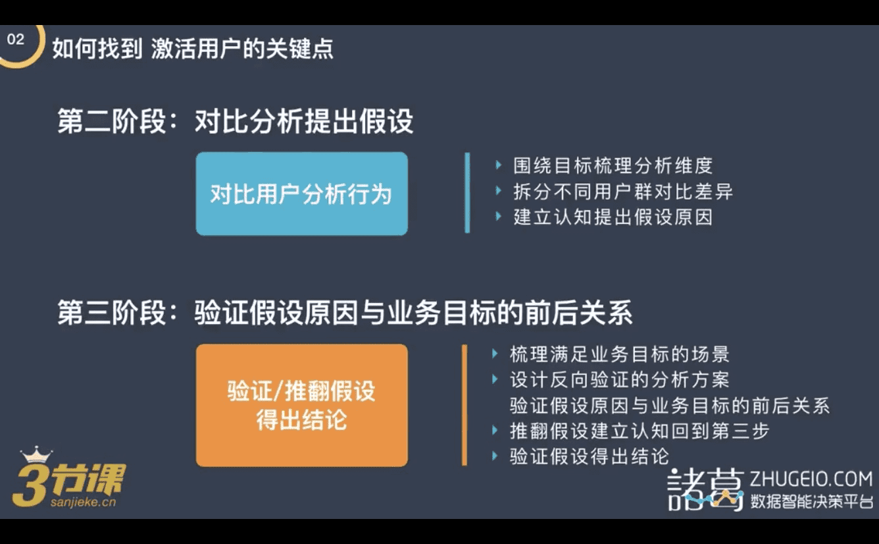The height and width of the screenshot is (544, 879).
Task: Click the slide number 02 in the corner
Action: pos(16,40)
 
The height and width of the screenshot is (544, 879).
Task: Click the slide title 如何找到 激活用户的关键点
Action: pos(193,49)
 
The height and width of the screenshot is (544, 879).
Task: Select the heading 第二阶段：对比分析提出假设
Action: pos(236,121)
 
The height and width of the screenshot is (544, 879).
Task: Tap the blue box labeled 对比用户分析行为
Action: pos(302,194)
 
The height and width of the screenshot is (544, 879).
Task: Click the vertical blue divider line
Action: pos(467,193)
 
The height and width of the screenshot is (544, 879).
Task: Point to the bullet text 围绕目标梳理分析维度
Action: pos(613,165)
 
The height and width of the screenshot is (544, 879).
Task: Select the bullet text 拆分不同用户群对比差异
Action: pos(623,191)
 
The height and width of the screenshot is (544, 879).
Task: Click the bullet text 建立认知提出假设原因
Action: pos(613,217)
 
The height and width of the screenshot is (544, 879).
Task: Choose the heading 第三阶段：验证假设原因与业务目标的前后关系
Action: pos(345,313)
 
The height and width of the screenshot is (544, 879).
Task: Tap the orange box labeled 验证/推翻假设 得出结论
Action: pos(302,405)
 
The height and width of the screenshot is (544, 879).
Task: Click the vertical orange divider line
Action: pos(465,405)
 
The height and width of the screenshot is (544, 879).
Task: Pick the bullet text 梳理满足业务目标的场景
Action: pos(620,354)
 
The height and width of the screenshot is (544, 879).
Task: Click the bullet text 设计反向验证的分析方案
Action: pos(620,380)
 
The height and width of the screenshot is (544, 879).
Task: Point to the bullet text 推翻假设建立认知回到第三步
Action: pos(640,431)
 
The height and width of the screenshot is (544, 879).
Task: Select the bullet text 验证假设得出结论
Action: pos(590,456)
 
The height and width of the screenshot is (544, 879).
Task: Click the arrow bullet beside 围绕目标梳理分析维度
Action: pos(498,165)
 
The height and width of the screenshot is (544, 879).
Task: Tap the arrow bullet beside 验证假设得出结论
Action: pos(495,456)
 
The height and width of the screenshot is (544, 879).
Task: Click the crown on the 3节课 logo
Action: pos(36,454)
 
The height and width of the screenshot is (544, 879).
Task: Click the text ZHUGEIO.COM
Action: pos(811,479)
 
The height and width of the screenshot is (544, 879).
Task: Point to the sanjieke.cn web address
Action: pos(83,502)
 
